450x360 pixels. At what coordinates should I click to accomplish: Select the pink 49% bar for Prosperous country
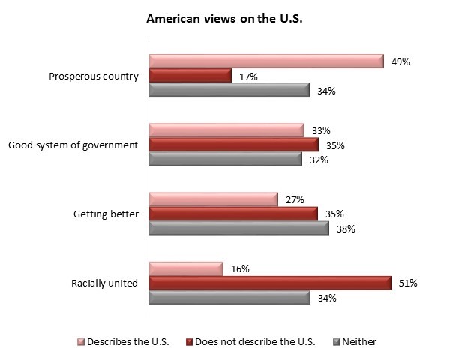pos(266,61)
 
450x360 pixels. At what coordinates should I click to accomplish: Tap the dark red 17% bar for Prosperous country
pos(190,76)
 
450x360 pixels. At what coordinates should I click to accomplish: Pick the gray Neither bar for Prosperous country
pos(229,90)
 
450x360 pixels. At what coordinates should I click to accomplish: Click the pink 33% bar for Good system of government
pos(226,130)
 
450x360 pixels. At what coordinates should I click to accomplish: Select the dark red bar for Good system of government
pos(234,145)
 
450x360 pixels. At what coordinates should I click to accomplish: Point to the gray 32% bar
pos(226,159)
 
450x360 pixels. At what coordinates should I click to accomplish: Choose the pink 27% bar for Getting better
pos(214,199)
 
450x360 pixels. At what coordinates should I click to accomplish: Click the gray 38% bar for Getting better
pos(239,228)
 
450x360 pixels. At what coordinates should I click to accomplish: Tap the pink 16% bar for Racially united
pos(187,268)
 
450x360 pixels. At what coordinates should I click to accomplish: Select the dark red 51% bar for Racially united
pos(270,283)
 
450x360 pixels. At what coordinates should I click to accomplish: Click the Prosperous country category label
pos(93,76)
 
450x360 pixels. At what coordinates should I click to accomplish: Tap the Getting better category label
pos(106,214)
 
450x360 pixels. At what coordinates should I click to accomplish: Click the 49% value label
pos(400,61)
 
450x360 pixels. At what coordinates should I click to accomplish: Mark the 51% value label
pos(407,283)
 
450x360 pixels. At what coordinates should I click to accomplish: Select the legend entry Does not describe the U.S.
pos(251,342)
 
